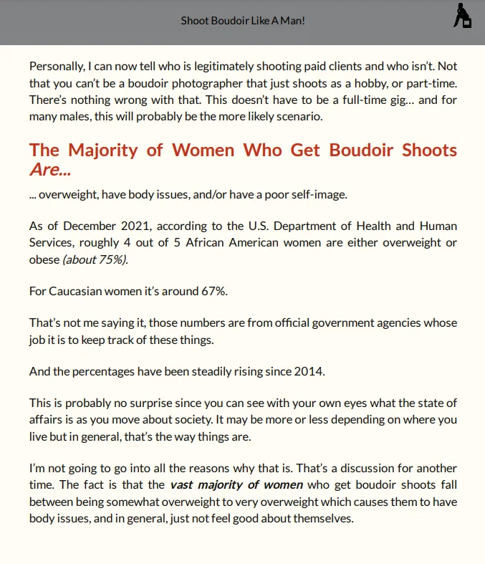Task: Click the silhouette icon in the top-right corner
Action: pos(463,16)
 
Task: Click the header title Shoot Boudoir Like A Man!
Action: pos(243,20)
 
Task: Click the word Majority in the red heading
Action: pos(116,150)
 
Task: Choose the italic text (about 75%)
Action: pos(95,259)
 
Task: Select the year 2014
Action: pos(309,371)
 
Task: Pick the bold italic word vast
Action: pos(183,485)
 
